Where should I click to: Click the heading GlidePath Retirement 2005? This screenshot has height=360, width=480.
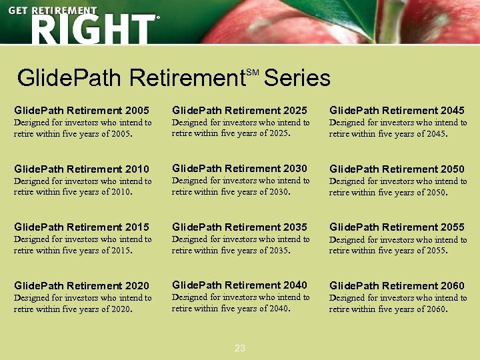point(81,110)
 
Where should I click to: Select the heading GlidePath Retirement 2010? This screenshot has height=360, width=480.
point(81,169)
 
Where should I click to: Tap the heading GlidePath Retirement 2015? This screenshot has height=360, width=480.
point(81,227)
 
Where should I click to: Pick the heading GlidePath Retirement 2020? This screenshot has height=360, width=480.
point(81,286)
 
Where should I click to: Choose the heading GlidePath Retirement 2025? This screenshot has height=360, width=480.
point(239,110)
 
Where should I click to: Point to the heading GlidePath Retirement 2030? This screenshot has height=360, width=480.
point(239,169)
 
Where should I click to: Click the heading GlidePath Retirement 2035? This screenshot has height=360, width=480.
point(239,227)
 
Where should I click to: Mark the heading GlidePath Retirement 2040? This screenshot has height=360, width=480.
point(239,285)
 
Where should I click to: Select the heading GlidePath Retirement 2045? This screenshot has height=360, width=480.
point(397,110)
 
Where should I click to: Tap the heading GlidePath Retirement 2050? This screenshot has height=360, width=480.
point(397,169)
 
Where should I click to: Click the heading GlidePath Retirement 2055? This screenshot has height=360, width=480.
point(397,227)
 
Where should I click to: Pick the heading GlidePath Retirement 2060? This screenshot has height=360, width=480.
point(397,286)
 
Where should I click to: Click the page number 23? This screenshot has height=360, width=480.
point(240,348)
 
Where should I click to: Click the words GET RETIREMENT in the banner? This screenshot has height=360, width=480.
point(53,11)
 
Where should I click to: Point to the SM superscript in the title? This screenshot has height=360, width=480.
point(252,71)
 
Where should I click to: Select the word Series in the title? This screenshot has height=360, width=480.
point(297,79)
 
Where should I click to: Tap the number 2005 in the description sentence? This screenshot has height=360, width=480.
point(118,133)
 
